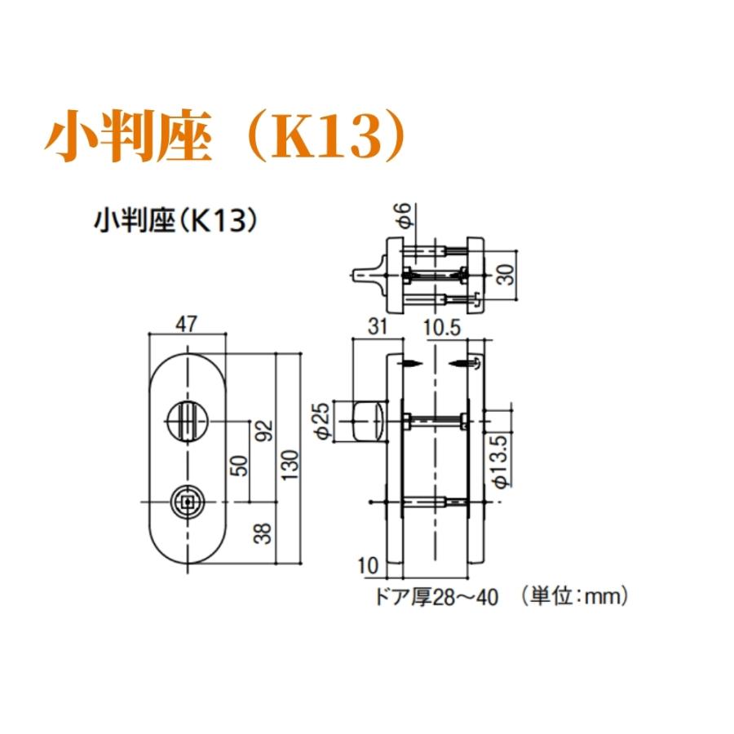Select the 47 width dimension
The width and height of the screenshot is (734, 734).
[188, 325]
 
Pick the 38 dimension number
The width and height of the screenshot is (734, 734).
[263, 533]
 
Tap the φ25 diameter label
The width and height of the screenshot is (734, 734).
[321, 422]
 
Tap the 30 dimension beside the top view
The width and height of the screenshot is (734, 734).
[506, 273]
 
